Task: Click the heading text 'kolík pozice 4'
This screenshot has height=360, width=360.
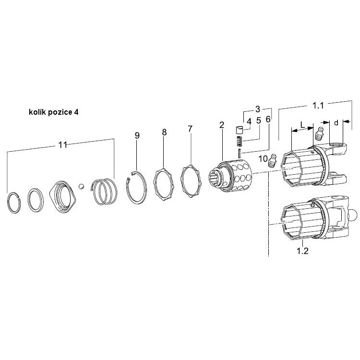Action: [53, 112]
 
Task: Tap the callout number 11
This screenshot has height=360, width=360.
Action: [62, 145]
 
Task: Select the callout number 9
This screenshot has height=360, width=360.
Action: [137, 136]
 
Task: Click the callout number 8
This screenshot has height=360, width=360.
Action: [164, 132]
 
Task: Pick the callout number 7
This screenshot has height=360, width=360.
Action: [190, 129]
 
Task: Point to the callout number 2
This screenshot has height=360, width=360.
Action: [222, 125]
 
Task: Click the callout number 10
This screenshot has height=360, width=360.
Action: [263, 158]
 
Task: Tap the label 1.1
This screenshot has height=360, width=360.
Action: [318, 106]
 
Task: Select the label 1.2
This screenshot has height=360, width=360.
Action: [302, 251]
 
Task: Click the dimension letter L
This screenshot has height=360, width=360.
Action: [302, 125]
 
